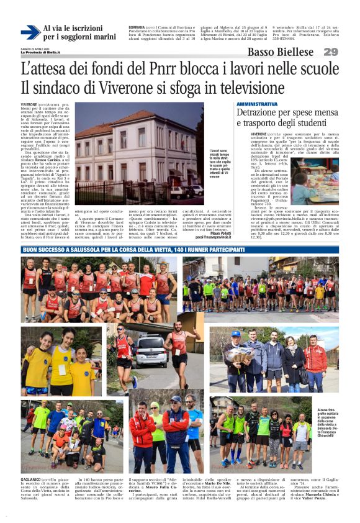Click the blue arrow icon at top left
click(x=30, y=32)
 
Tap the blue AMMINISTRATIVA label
click(x=258, y=104)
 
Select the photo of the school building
click(x=139, y=153)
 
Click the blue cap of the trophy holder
click(x=235, y=334)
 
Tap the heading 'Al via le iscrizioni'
click(x=73, y=29)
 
